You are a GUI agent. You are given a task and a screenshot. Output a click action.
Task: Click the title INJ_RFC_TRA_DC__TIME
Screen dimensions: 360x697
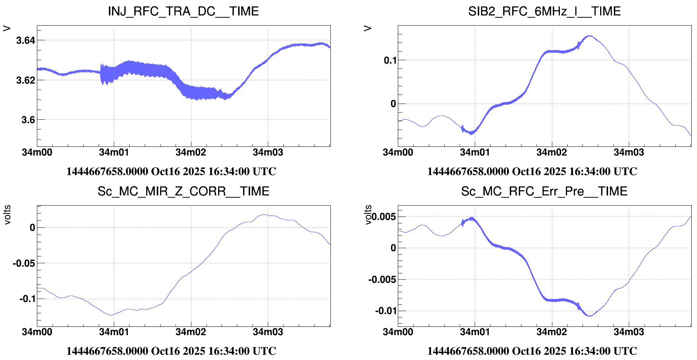[183, 11]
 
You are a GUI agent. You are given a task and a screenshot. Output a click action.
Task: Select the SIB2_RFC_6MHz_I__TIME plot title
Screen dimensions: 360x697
[544, 11]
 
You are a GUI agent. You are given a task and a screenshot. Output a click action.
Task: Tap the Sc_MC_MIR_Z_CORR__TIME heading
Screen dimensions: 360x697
[183, 191]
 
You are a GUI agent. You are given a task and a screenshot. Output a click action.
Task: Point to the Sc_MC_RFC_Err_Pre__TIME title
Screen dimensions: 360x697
[544, 191]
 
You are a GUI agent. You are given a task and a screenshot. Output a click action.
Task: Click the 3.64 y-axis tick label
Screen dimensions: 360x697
[26, 40]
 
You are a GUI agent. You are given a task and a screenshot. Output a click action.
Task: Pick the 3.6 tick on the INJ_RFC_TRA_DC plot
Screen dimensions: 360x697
[28, 120]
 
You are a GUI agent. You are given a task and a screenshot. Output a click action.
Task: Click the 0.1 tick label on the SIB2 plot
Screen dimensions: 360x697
[390, 60]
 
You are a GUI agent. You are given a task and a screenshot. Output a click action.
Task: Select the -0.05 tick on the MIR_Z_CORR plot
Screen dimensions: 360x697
[24, 263]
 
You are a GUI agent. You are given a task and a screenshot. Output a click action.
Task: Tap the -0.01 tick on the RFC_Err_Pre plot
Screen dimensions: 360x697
[385, 311]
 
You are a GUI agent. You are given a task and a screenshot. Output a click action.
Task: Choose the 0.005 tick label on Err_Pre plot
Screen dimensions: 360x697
[384, 217]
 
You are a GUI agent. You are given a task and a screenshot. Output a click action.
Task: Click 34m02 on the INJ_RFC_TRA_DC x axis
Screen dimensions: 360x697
[191, 153]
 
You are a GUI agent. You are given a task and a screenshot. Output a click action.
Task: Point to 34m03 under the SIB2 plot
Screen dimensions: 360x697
[629, 153]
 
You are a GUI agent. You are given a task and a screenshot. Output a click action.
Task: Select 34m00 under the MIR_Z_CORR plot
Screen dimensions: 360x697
[37, 332]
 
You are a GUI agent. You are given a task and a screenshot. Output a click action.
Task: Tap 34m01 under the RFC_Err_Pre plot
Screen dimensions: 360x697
[475, 332]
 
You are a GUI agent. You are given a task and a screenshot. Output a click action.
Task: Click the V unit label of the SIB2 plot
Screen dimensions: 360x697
[368, 28]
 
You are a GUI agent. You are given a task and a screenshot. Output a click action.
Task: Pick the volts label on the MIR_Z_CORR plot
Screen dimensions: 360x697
[7, 215]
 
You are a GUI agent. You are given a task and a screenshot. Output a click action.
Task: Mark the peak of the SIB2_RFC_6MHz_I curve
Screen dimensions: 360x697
[589, 36]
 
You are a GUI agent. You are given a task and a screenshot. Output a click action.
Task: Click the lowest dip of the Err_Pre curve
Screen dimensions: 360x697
[590, 316]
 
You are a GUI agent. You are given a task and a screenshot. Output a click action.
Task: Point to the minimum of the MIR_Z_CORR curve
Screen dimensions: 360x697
[111, 315]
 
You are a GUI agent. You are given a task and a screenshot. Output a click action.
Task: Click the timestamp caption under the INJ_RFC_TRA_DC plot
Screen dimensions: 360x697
[171, 172]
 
